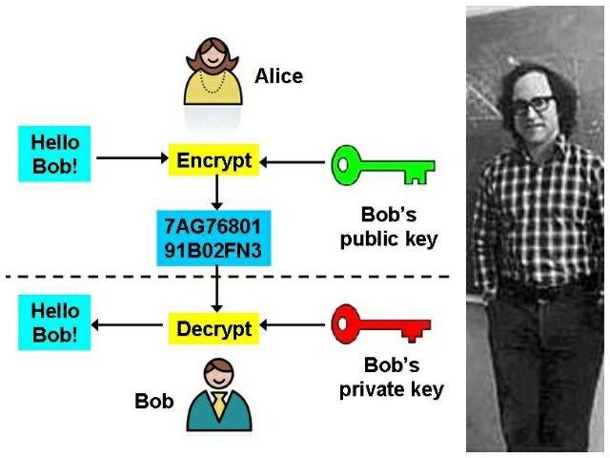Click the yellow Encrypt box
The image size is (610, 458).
click(x=213, y=159)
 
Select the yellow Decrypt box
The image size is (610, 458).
click(x=213, y=328)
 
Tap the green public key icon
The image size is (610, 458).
click(x=383, y=165)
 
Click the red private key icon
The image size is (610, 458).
click(x=380, y=324)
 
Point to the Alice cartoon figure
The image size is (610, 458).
click(x=213, y=72)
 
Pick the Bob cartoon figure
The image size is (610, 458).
click(x=219, y=394)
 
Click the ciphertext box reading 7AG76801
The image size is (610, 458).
click(x=213, y=238)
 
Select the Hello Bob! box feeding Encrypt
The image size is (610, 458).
click(x=54, y=154)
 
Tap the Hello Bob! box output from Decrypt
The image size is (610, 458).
click(x=54, y=323)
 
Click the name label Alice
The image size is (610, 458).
click(x=278, y=76)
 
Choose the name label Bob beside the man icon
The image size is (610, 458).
click(x=154, y=401)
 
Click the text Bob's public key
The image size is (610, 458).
click(x=389, y=227)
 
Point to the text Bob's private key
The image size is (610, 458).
click(x=392, y=378)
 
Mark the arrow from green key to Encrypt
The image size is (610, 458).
click(x=293, y=162)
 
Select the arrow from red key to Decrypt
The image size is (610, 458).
click(x=293, y=324)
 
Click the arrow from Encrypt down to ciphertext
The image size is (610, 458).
click(x=216, y=193)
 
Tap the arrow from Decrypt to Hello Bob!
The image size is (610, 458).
click(x=127, y=324)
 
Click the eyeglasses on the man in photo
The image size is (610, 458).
click(x=534, y=105)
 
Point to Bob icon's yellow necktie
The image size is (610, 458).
click(x=219, y=405)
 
